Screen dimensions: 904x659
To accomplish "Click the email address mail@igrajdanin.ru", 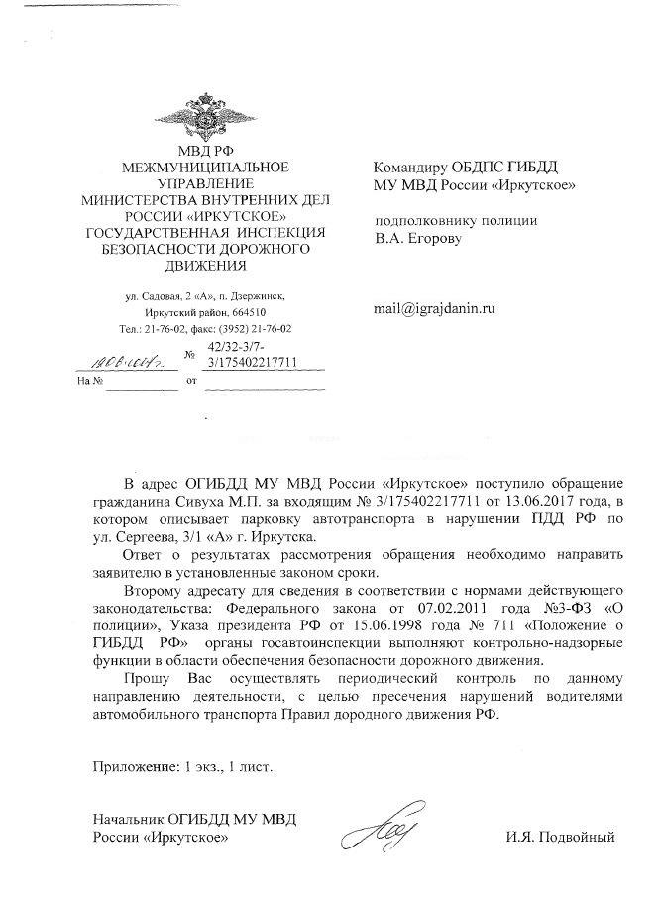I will pos(433,308).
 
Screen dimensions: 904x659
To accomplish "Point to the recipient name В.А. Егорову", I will pos(418,238).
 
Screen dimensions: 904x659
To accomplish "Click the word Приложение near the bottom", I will pos(131,765).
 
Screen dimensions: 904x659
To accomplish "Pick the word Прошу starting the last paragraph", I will pos(146,679).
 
